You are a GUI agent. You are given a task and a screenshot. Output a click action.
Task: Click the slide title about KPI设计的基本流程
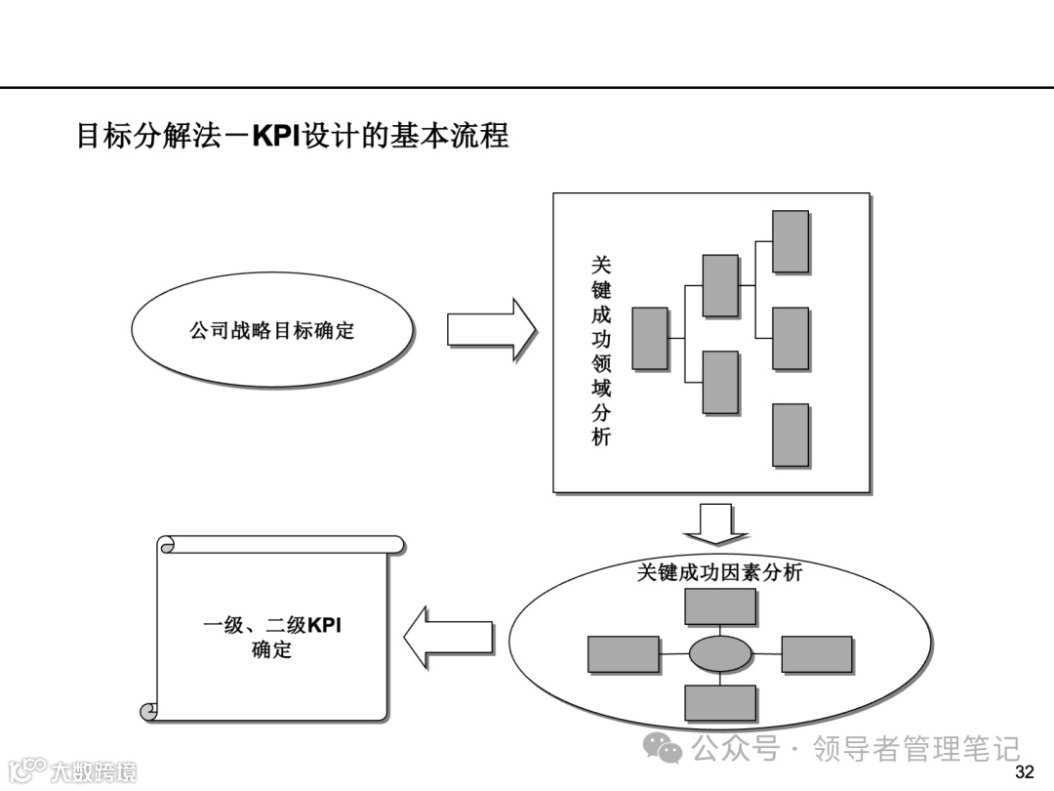click(x=293, y=135)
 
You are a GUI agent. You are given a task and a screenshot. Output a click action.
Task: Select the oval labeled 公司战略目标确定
click(x=272, y=330)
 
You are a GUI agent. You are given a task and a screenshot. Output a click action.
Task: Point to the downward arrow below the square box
click(x=715, y=523)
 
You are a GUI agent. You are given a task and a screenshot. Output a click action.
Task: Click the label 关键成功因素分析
click(x=719, y=572)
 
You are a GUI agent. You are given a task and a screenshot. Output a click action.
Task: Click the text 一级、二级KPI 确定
click(x=272, y=637)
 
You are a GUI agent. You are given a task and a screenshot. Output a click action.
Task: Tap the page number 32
click(x=1025, y=773)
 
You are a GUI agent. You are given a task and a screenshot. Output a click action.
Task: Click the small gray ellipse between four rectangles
click(x=720, y=654)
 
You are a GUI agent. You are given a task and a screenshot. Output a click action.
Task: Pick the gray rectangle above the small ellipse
click(x=720, y=606)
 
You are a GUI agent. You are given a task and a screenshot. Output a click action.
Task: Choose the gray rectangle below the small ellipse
click(x=720, y=702)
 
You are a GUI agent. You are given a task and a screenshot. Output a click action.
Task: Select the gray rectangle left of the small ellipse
click(x=624, y=654)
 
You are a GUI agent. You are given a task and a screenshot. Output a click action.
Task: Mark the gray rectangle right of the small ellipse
click(x=817, y=654)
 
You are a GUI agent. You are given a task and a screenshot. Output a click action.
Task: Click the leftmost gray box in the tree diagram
click(x=650, y=339)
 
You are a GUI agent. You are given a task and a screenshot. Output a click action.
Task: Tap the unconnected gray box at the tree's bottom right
click(x=790, y=435)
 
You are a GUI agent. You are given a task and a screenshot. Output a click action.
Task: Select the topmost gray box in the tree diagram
click(x=790, y=241)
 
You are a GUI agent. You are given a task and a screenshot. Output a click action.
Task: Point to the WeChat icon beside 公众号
click(x=669, y=750)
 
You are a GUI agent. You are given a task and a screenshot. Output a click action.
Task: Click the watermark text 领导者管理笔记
click(x=916, y=749)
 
